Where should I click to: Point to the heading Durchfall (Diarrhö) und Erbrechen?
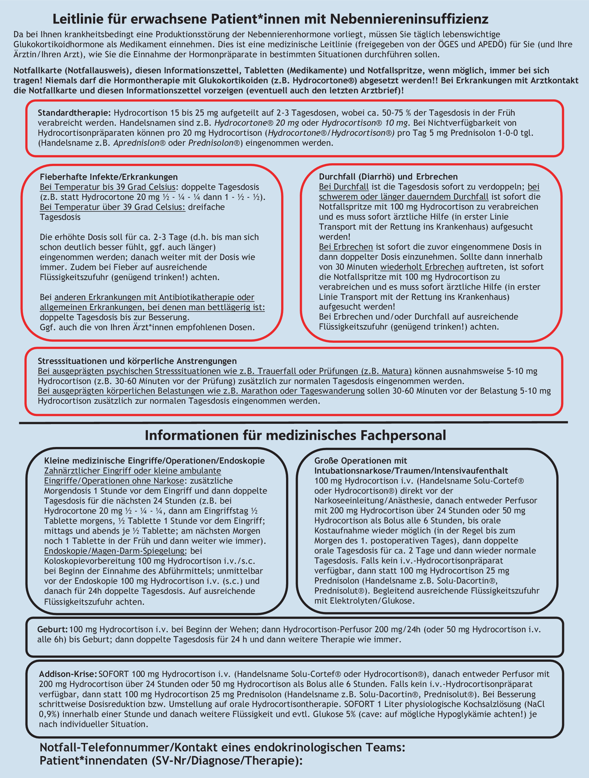pyautogui.click(x=388, y=177)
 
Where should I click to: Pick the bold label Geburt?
pyautogui.click(x=52, y=629)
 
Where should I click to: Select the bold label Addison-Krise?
pyautogui.click(x=68, y=674)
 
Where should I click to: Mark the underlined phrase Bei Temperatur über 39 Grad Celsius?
pyautogui.click(x=112, y=207)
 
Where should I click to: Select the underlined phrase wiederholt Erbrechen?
pyautogui.click(x=422, y=267)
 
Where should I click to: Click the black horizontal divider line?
pyautogui.click(x=293, y=422)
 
